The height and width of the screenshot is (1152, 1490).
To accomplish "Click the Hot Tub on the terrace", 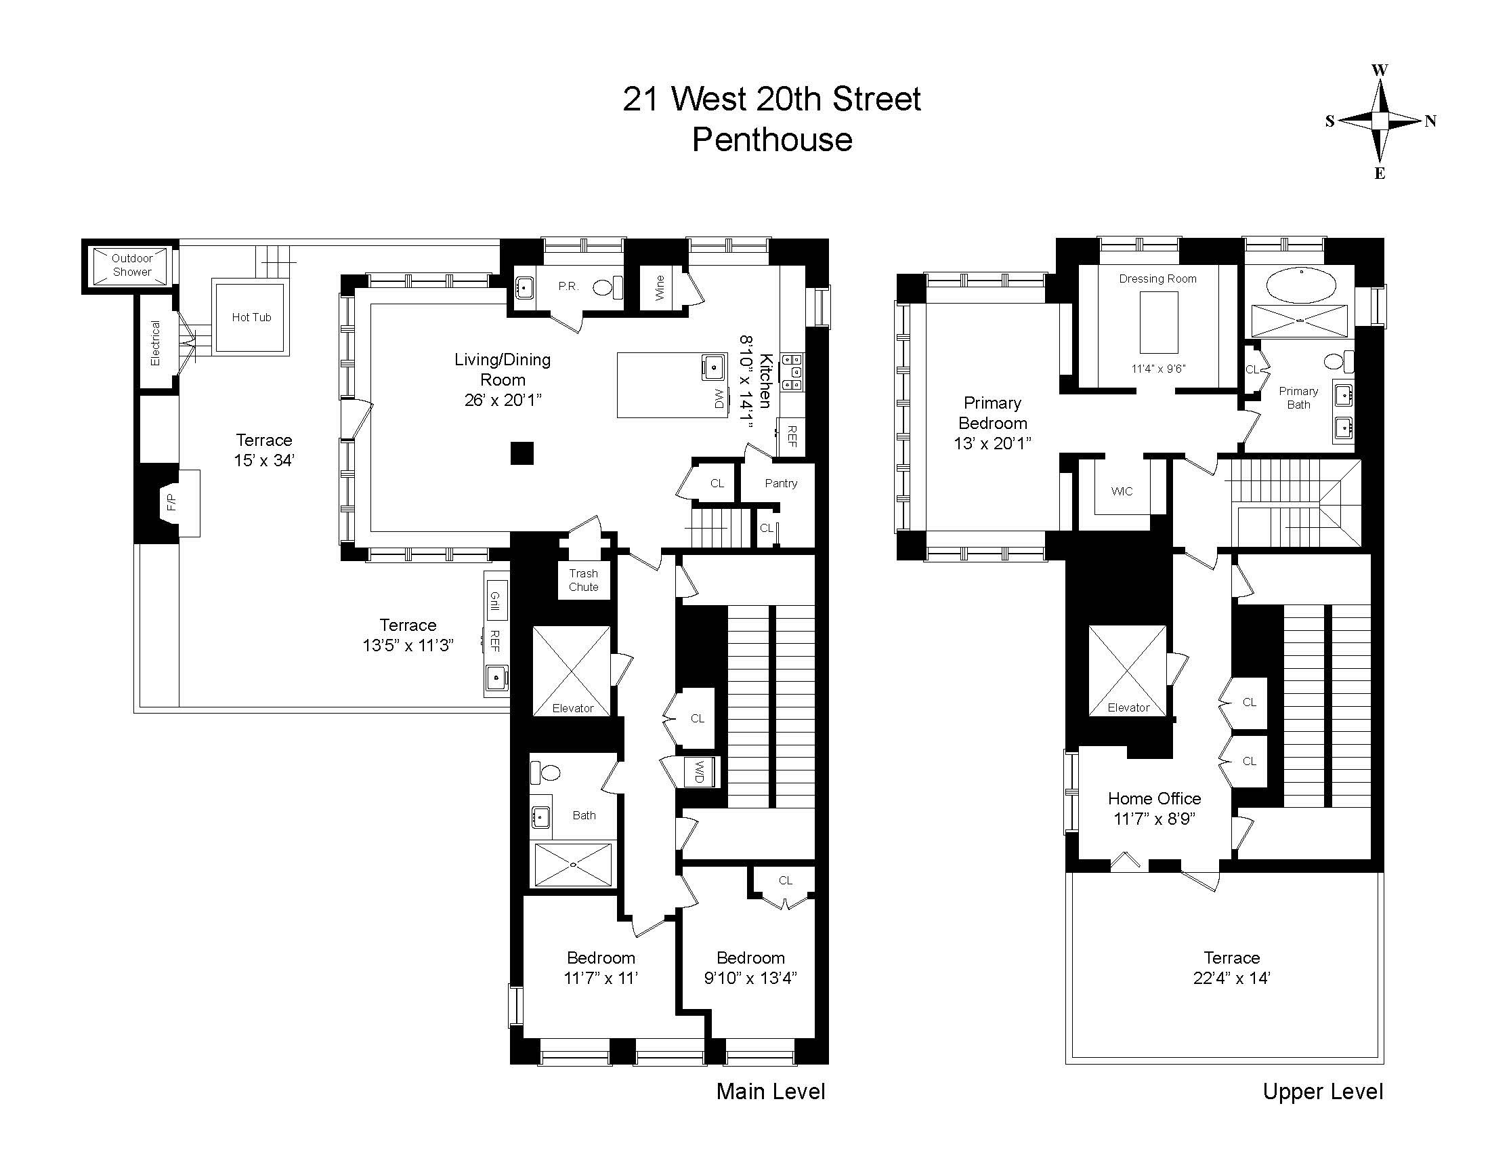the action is click(251, 316).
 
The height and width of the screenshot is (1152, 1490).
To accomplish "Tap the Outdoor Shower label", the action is click(132, 265).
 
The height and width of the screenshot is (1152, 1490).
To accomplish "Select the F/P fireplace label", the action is click(171, 502).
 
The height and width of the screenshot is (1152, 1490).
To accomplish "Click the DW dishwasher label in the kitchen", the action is click(719, 398).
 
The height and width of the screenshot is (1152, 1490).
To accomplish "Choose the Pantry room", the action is click(780, 483).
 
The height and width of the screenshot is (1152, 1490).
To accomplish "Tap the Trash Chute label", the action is click(583, 580).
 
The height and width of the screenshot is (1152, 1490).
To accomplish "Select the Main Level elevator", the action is click(572, 671).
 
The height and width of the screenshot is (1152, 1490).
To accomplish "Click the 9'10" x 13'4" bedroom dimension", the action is click(750, 978).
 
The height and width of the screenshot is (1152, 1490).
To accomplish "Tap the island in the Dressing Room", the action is click(1158, 322).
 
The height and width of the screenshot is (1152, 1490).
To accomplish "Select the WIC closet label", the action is click(1122, 491).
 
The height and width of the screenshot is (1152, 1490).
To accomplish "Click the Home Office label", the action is click(1154, 798).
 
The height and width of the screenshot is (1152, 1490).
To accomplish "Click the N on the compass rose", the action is click(1430, 121).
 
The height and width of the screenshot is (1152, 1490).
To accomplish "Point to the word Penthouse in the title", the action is click(772, 140).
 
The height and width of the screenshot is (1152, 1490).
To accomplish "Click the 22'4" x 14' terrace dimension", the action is click(1231, 978).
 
